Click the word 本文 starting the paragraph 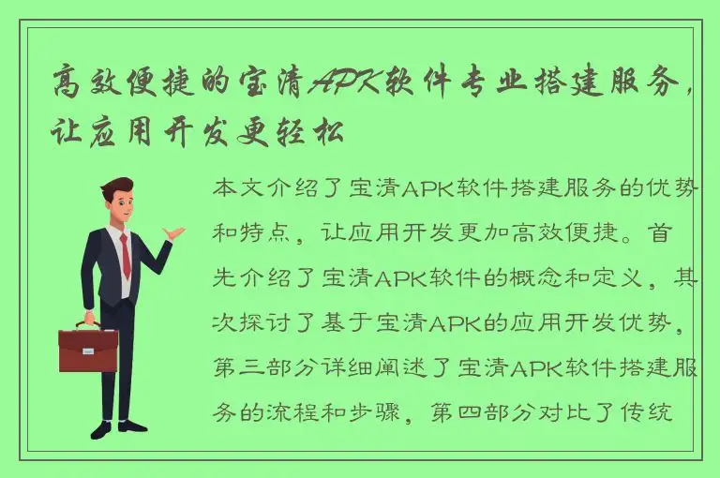tap(237, 188)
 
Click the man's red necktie tap(126, 256)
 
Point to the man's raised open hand tap(174, 232)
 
